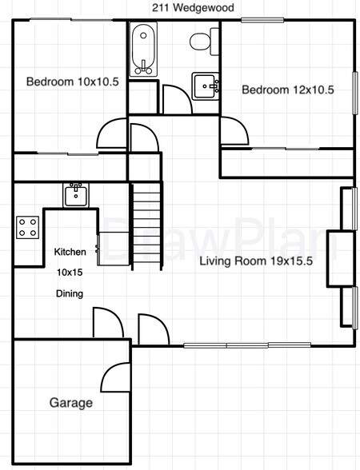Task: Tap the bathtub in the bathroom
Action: point(144,49)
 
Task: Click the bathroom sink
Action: point(205,84)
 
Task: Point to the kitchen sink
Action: point(76,194)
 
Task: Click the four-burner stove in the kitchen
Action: point(28,227)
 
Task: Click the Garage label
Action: point(71,403)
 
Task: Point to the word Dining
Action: point(69,293)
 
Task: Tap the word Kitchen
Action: point(70,252)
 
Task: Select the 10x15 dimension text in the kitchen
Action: point(70,272)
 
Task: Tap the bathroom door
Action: point(176,100)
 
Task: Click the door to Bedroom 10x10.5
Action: point(112,133)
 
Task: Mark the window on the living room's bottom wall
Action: point(227,345)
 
